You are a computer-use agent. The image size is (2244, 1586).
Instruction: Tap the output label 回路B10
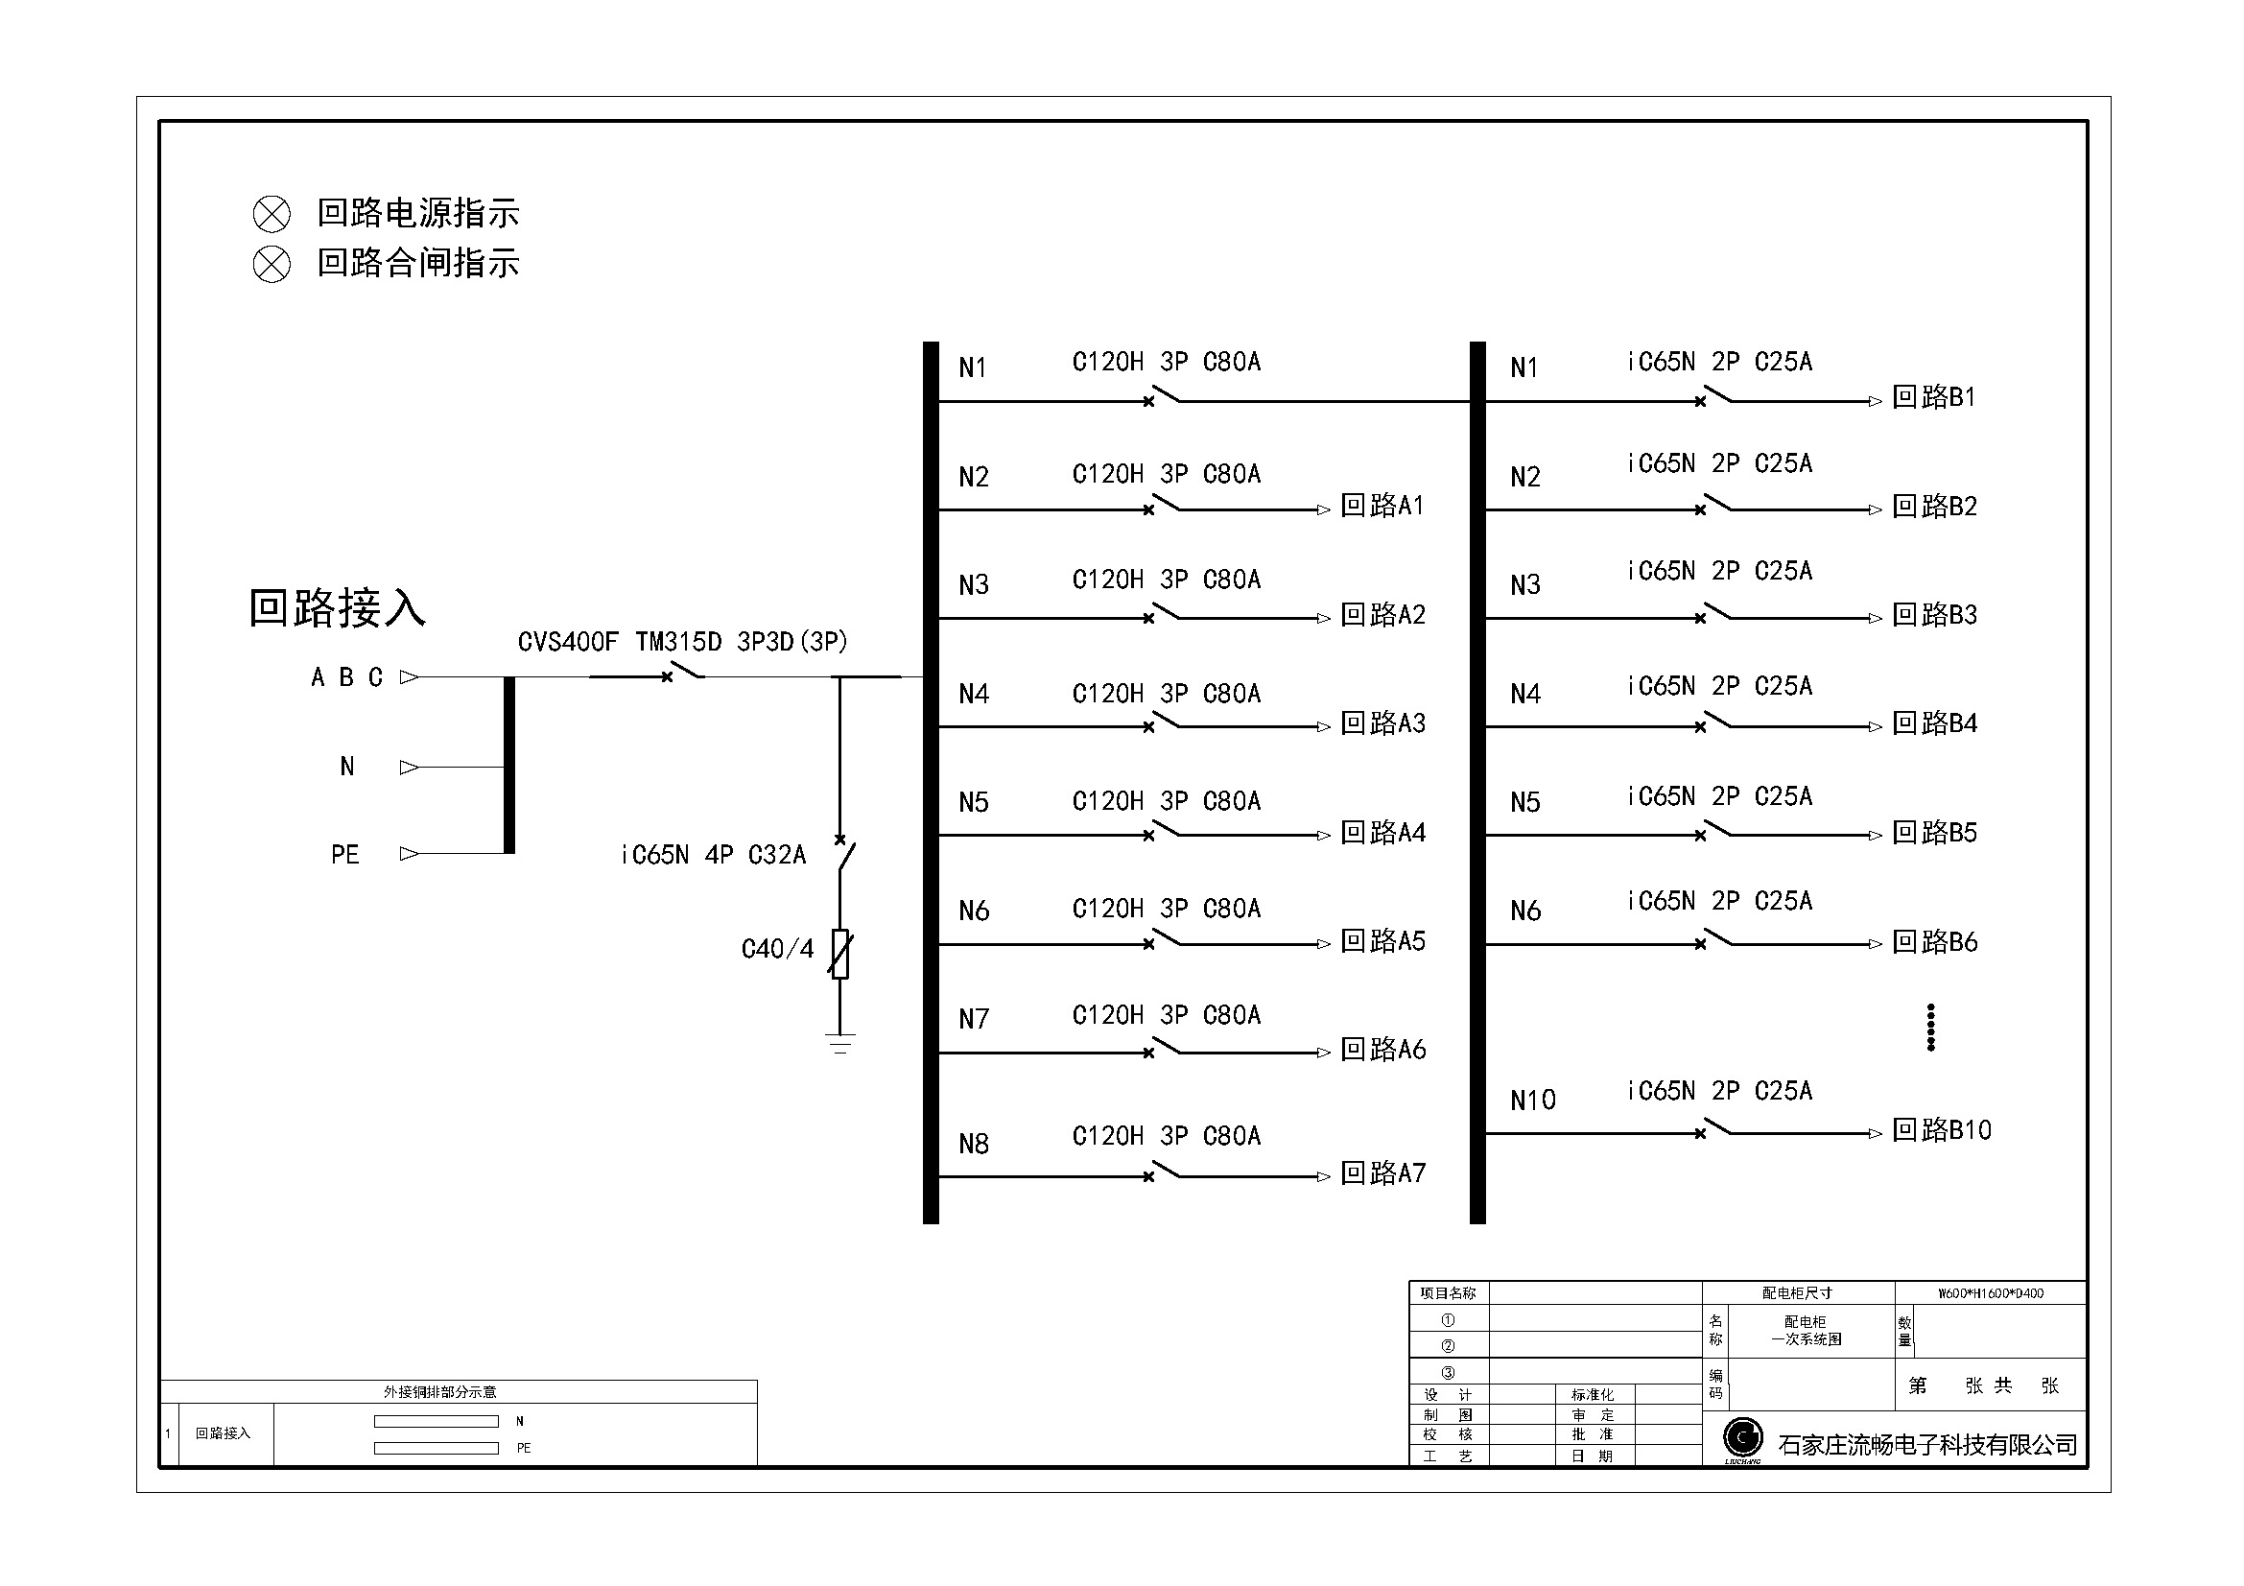tap(1941, 1129)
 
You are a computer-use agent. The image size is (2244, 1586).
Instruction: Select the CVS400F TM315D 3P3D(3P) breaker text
tap(682, 641)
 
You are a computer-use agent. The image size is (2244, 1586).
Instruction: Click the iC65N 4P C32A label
tap(714, 855)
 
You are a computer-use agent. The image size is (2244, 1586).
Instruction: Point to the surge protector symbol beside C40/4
tap(839, 954)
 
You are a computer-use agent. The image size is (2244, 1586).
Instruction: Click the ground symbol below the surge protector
tap(839, 1043)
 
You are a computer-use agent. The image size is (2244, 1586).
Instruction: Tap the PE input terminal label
tap(345, 855)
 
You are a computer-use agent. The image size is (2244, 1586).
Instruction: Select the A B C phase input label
tap(347, 677)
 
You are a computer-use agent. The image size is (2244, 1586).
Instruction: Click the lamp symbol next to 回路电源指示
tap(272, 214)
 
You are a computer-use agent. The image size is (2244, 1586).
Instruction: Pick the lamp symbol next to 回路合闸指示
tap(272, 264)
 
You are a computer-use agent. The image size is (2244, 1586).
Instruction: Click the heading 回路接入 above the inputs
tap(337, 607)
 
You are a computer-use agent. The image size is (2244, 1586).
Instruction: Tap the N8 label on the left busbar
tap(974, 1144)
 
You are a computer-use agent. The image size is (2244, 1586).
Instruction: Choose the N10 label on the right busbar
tap(1532, 1101)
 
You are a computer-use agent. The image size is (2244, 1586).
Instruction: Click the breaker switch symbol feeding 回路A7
tap(1163, 1171)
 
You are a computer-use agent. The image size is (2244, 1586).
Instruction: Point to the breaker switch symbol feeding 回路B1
tap(1715, 395)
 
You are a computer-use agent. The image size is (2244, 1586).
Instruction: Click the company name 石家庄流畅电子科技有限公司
tap(1927, 1444)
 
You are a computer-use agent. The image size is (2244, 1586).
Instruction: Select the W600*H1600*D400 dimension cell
tap(1991, 1292)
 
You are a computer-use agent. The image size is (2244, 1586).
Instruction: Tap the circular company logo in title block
tap(1742, 1436)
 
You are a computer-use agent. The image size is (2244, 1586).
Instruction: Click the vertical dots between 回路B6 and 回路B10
tap(1930, 1027)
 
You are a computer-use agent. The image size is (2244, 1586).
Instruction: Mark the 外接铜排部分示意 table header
tap(439, 1391)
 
